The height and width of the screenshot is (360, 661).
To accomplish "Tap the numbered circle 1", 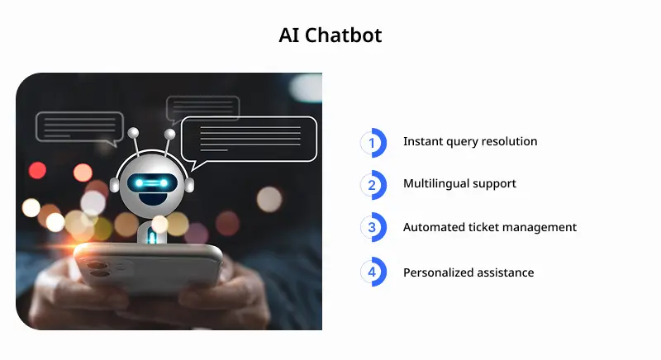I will click(x=373, y=142).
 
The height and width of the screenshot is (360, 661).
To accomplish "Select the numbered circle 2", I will click(x=373, y=184).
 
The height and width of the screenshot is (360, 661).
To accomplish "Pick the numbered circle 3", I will click(x=373, y=228).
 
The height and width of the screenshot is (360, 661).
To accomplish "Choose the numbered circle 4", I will click(x=373, y=272).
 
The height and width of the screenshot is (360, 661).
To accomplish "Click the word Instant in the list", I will click(x=423, y=141).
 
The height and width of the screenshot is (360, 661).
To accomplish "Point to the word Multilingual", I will click(x=435, y=183).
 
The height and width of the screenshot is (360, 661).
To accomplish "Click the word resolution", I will click(x=510, y=141).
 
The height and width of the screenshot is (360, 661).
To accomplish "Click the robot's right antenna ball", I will click(x=170, y=134).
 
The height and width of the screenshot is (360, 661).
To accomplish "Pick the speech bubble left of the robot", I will click(x=79, y=127).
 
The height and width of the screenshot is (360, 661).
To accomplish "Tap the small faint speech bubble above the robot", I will click(x=202, y=108).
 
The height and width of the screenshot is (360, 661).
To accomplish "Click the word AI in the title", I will click(x=290, y=36).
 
